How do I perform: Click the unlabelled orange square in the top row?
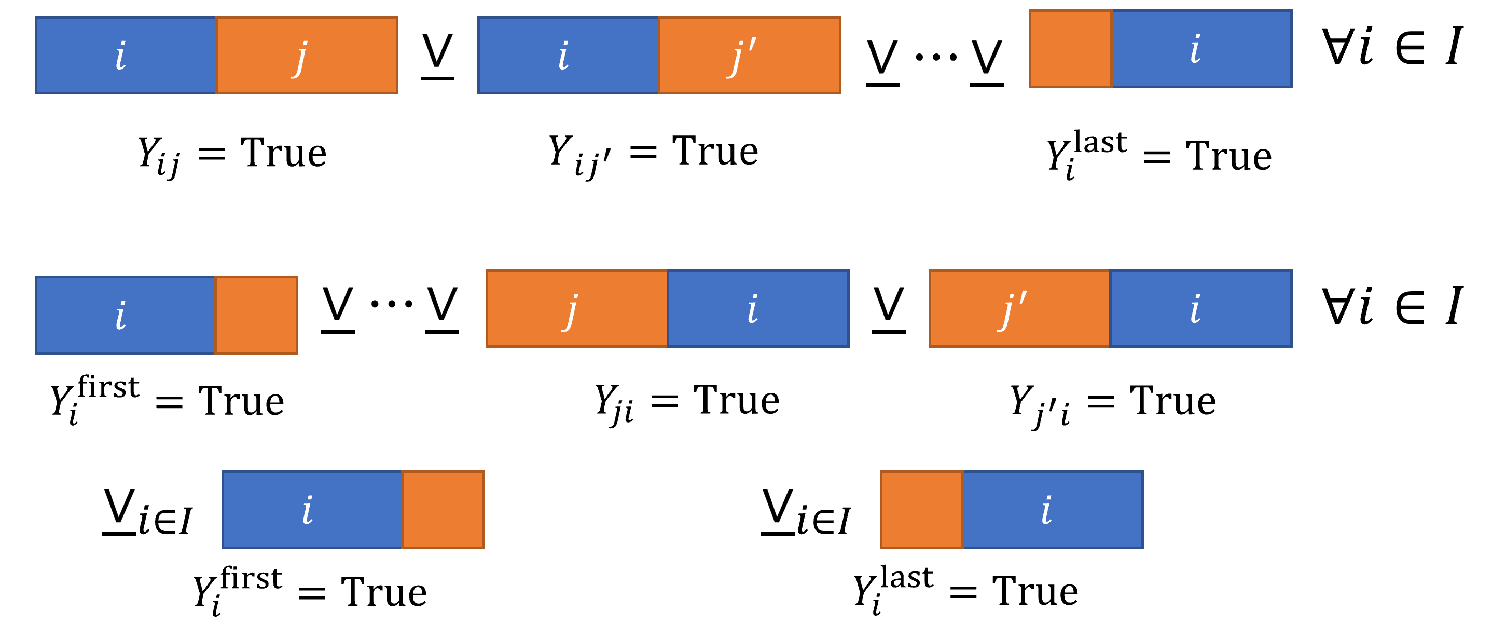pyautogui.click(x=1070, y=49)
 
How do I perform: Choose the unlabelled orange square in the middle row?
pyautogui.click(x=256, y=315)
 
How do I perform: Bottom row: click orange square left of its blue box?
pyautogui.click(x=921, y=510)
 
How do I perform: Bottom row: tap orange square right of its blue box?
pyautogui.click(x=443, y=510)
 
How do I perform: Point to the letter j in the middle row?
pyautogui.click(x=571, y=311)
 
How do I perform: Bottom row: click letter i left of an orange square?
pyautogui.click(x=308, y=511)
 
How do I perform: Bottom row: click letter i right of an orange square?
pyautogui.click(x=1046, y=511)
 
